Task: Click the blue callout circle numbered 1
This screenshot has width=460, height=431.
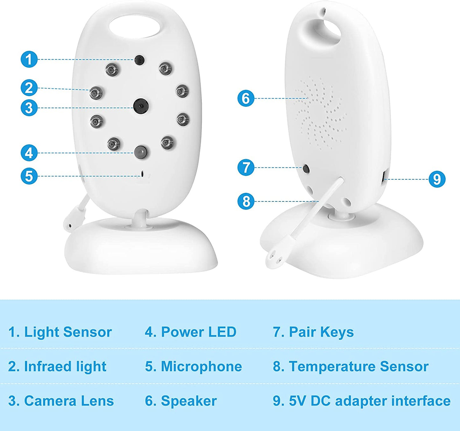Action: click(29, 59)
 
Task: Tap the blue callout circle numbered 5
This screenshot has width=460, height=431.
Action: click(29, 176)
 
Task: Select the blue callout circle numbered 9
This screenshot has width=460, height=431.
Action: click(437, 179)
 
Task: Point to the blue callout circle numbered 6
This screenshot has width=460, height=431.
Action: click(246, 98)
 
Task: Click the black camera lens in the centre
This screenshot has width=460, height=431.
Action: click(141, 106)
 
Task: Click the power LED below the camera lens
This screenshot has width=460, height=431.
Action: click(141, 152)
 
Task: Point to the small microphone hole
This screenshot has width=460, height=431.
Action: click(143, 174)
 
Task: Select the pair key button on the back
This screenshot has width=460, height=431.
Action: click(306, 169)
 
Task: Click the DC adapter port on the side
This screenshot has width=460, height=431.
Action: click(384, 177)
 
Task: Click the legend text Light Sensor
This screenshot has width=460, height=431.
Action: click(68, 332)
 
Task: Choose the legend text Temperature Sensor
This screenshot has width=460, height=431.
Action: click(358, 366)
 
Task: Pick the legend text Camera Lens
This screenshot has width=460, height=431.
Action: click(69, 401)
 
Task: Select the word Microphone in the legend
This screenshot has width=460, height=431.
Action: click(201, 366)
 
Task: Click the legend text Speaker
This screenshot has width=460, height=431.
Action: click(189, 401)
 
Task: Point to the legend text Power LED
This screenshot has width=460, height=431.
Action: click(199, 332)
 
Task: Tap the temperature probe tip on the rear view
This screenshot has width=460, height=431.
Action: click(273, 258)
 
